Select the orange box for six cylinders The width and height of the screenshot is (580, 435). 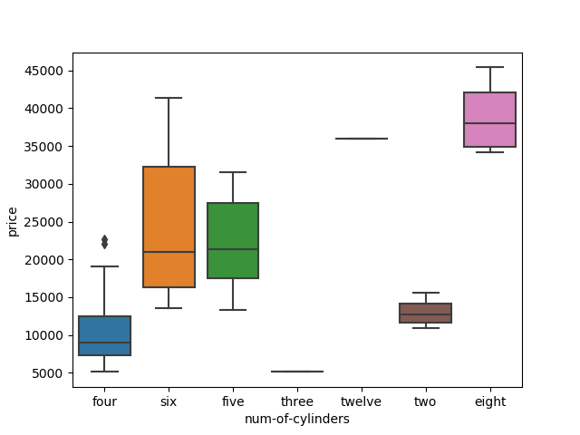169,227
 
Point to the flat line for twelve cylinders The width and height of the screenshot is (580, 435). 362,139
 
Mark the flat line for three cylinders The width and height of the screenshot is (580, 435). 297,372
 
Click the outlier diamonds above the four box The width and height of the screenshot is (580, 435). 104,242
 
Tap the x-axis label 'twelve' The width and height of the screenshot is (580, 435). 362,401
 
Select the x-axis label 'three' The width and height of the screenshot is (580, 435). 297,401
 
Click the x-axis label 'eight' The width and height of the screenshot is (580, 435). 489,401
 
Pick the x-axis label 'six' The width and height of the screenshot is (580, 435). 169,401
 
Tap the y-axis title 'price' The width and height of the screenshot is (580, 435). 13,220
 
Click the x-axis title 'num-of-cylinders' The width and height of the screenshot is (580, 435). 297,419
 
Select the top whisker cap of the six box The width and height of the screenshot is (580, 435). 169,98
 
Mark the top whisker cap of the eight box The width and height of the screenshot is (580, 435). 489,67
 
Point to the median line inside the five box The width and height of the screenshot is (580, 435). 233,249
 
